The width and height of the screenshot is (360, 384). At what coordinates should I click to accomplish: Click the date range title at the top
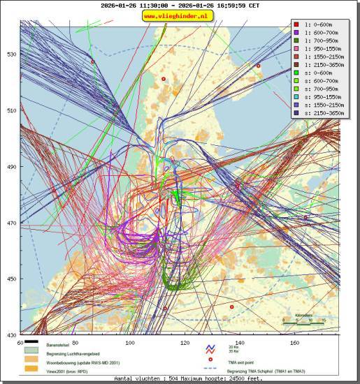click(180, 5)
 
